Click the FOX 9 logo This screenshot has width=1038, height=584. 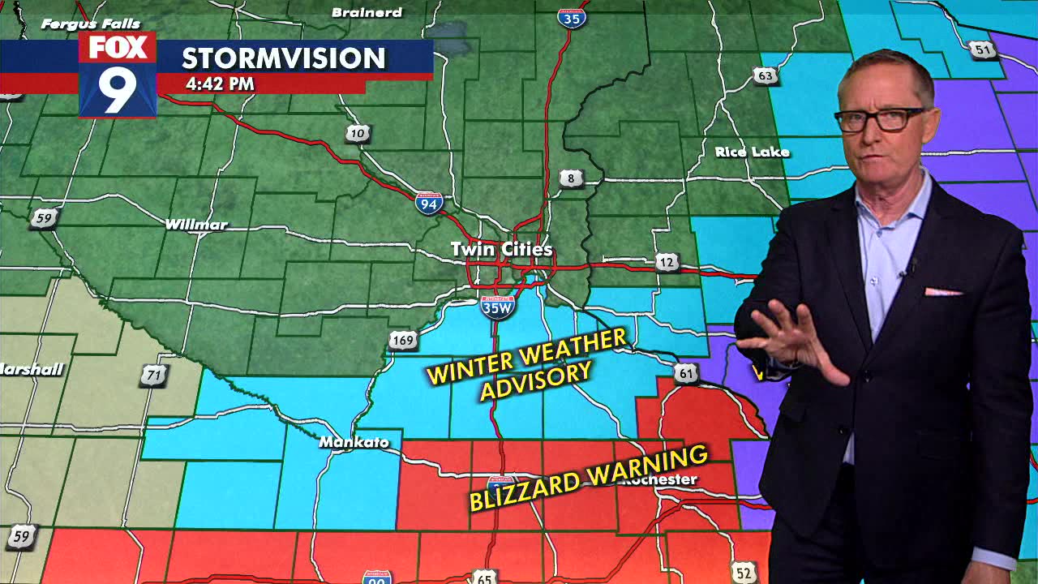click(118, 75)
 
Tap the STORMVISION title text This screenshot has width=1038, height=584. click(283, 58)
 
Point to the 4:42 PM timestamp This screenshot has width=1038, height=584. click(220, 84)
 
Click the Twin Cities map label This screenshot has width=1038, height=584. click(501, 249)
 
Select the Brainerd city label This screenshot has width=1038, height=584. click(367, 12)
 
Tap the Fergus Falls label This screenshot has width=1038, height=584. click(91, 24)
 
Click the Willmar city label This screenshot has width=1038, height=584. click(196, 224)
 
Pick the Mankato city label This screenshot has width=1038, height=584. click(354, 442)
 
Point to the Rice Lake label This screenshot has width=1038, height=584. click(752, 152)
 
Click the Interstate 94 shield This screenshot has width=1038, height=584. click(429, 202)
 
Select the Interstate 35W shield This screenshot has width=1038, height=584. click(496, 307)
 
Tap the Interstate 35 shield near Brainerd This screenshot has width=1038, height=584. click(572, 16)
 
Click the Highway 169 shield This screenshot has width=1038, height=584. click(403, 340)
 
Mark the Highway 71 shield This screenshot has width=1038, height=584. click(154, 375)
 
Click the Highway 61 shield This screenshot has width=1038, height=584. click(686, 373)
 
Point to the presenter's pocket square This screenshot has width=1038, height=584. click(943, 290)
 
